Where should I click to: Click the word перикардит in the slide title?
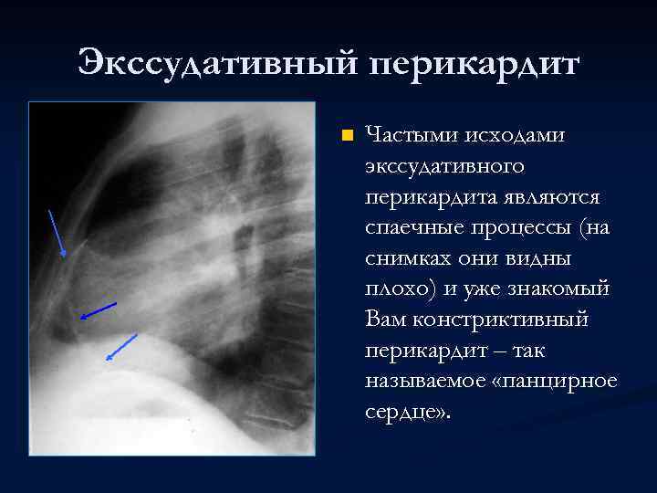click(x=474, y=65)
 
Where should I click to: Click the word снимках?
click(x=406, y=259)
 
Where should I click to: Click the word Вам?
click(x=382, y=320)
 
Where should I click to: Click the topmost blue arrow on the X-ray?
click(x=57, y=233)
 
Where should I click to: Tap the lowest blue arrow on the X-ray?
click(x=121, y=347)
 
